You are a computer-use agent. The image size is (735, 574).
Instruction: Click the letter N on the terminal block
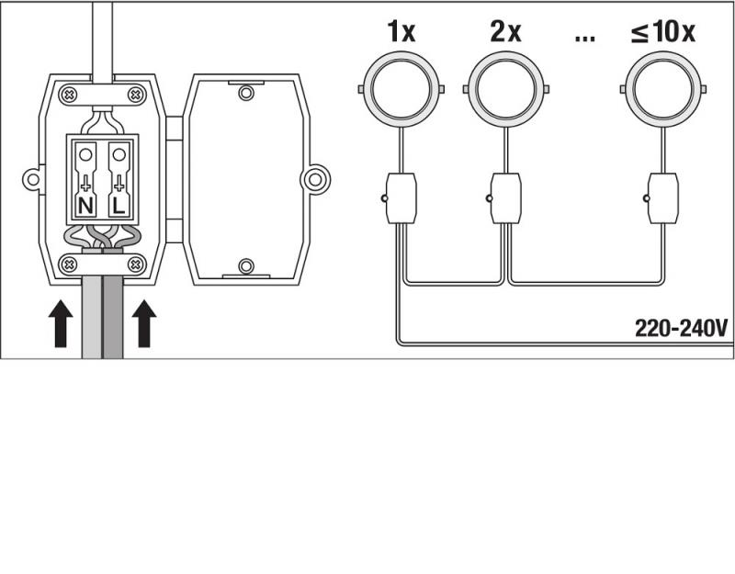point(85,206)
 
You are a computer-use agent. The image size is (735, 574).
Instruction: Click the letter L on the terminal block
point(119,206)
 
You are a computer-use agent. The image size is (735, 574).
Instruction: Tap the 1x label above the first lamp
point(401,31)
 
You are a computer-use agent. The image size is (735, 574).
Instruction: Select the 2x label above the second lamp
point(505,31)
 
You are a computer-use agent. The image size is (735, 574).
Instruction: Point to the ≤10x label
point(663,31)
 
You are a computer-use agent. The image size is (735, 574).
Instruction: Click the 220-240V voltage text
point(681,328)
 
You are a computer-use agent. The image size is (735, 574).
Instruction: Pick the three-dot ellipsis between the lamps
point(584,39)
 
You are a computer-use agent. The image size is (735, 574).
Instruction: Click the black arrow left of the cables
point(61,324)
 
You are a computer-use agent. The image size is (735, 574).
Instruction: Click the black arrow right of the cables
point(144,324)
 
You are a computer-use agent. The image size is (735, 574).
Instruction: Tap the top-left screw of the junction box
point(69,95)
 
